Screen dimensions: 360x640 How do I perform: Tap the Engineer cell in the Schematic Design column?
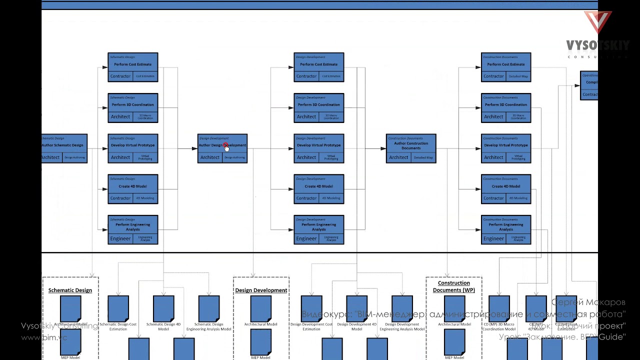click(120, 238)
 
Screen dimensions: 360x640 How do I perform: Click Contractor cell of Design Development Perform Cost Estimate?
click(306, 76)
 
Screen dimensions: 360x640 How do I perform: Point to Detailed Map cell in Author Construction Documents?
click(423, 157)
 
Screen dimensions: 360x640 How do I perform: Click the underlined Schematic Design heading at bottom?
click(70, 290)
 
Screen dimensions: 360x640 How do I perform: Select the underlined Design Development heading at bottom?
click(261, 290)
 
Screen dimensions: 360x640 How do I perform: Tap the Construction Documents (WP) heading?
click(453, 286)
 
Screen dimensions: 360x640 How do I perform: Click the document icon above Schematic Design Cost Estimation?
click(118, 308)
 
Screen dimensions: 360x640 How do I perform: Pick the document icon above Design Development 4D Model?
click(356, 308)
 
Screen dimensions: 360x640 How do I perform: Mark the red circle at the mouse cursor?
click(225, 145)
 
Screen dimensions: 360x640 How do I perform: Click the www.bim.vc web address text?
click(44, 337)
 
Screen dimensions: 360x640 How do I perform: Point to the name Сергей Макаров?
click(588, 302)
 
